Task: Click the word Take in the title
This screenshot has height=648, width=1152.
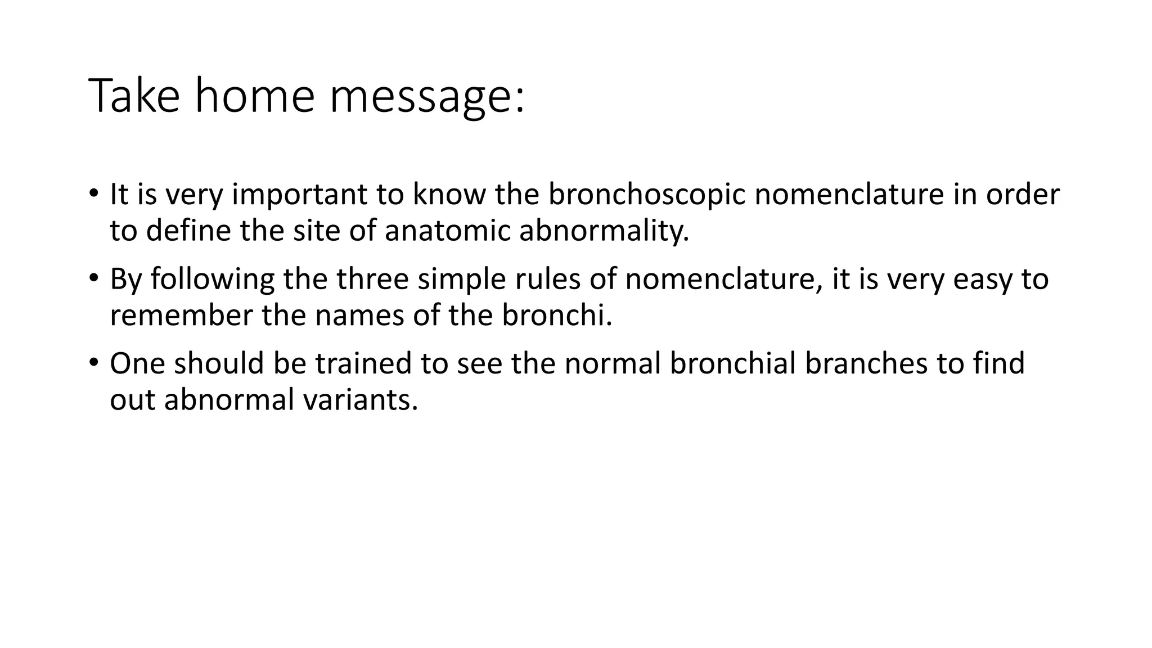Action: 134,96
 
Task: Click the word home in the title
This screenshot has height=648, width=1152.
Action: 254,96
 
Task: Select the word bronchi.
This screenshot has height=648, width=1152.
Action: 556,315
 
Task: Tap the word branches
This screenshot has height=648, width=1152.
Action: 866,363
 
